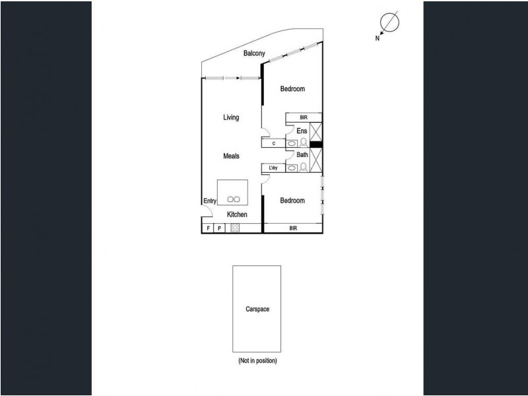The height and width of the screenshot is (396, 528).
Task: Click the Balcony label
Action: pos(254,53)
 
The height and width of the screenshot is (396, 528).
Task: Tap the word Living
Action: pos(230,117)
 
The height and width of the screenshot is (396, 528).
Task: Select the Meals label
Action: pos(230,156)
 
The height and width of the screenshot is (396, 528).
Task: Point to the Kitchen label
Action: pos(237,214)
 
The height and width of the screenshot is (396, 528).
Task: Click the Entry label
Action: pos(210,202)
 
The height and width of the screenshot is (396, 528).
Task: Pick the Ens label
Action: pos(302,131)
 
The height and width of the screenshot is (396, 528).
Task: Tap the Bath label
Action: pos(302,155)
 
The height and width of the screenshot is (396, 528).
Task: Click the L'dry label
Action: pos(273,168)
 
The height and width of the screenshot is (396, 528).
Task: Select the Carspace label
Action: pos(256,309)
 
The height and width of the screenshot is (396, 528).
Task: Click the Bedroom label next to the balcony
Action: pos(292,89)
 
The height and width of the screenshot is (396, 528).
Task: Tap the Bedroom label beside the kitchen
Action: pos(292,201)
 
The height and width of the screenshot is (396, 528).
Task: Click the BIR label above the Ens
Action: pos(304,117)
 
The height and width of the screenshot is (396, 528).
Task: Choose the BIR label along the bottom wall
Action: pos(292,228)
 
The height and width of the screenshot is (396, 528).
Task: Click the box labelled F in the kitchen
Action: pos(209,228)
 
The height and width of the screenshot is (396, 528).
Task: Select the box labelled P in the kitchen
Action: pos(220,228)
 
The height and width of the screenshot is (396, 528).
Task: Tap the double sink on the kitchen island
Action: pos(233,199)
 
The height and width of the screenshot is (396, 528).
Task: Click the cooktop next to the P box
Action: pos(234,228)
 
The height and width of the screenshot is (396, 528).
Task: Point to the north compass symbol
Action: pos(389,23)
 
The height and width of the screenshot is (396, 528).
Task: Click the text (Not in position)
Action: pos(257,361)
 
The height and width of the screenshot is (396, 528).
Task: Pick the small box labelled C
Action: pos(273,143)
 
